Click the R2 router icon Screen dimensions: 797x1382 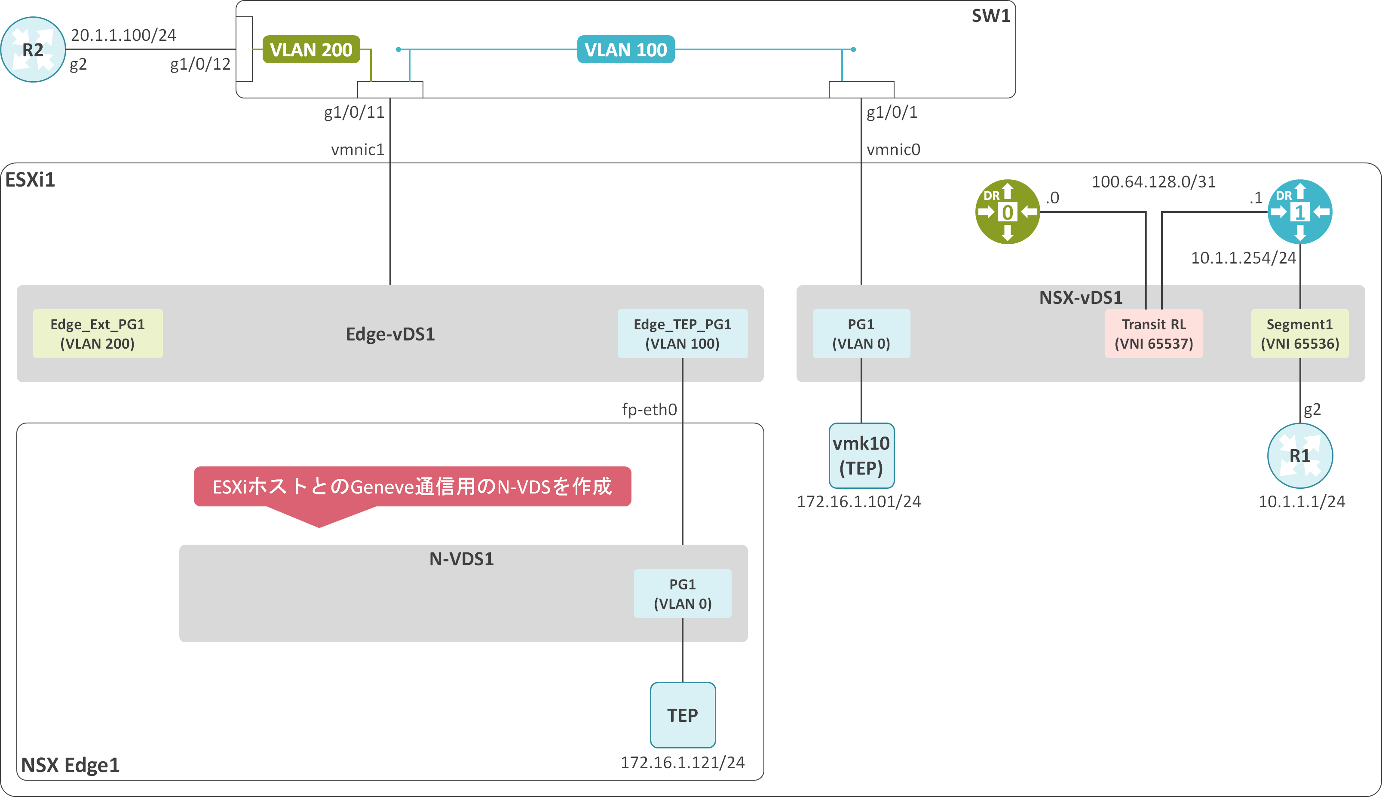click(33, 50)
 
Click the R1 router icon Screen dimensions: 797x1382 click(1300, 455)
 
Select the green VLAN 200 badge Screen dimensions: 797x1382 click(311, 50)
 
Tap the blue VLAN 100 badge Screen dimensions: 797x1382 click(625, 50)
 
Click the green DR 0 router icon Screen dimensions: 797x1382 click(1007, 212)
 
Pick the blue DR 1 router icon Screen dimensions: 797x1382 click(1300, 212)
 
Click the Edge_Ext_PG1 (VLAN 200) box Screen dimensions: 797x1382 click(98, 333)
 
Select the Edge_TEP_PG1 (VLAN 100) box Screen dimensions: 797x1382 click(683, 333)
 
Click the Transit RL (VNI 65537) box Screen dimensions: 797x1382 click(1154, 333)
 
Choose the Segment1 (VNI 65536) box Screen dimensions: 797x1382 click(1299, 333)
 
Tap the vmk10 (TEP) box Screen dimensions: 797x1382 click(861, 455)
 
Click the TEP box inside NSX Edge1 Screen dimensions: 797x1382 click(683, 715)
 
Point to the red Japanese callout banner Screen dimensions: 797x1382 click(412, 487)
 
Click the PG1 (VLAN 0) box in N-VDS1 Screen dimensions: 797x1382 click(683, 593)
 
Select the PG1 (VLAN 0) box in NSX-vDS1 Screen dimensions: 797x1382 click(861, 333)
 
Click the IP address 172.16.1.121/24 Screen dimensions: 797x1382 click(683, 763)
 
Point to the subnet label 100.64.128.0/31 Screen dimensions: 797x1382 click(1153, 182)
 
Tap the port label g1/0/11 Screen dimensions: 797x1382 click(354, 113)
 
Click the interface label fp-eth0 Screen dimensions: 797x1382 click(649, 409)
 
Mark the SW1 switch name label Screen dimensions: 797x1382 click(991, 16)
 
